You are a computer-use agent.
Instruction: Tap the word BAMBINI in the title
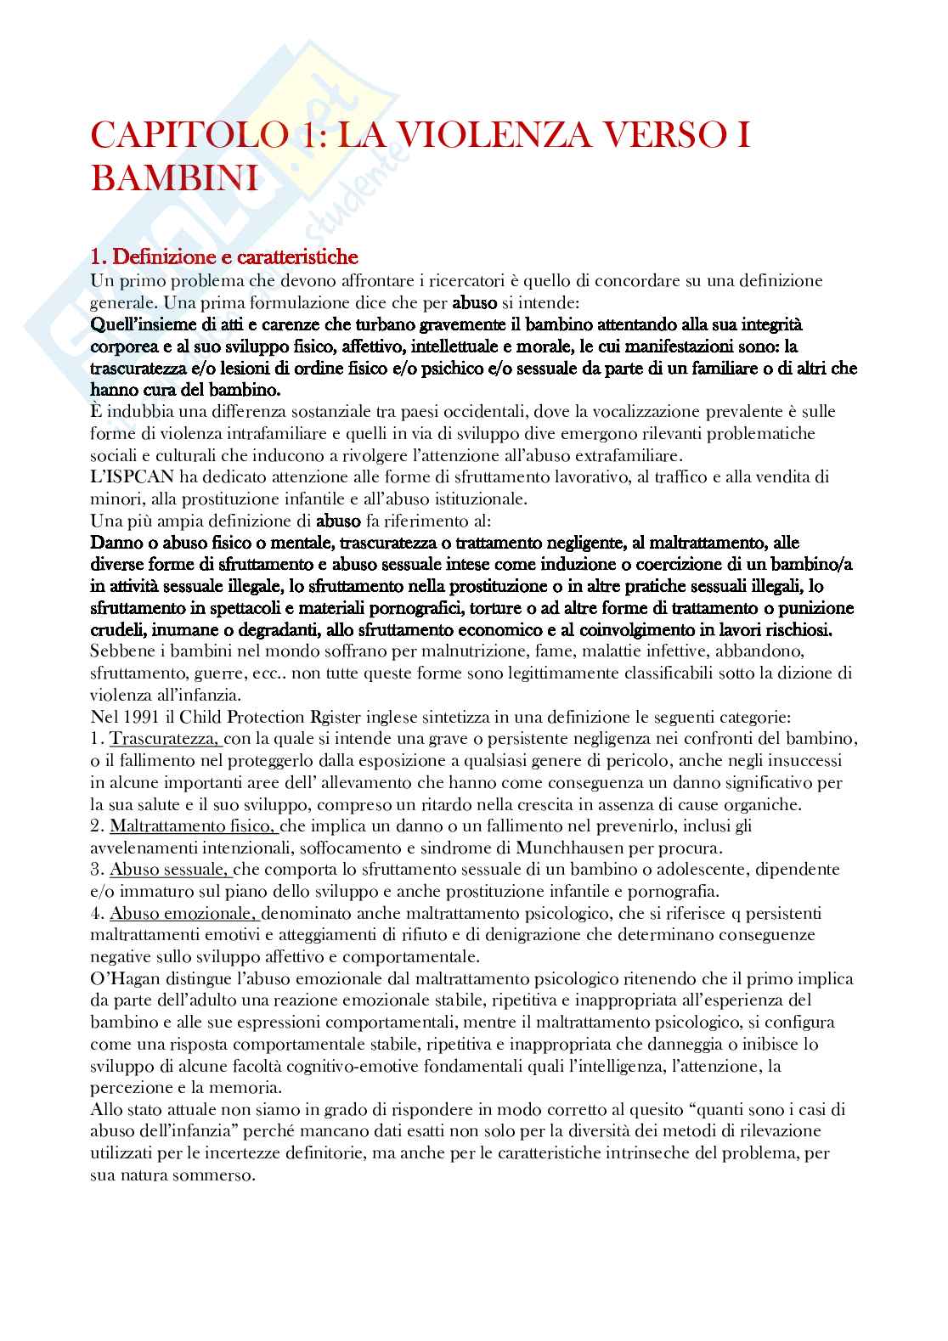click(174, 178)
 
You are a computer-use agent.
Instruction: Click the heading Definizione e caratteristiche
click(234, 256)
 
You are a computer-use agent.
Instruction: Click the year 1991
click(138, 716)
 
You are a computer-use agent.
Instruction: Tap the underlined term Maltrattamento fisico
click(193, 825)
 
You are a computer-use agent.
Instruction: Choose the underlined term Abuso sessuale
click(170, 870)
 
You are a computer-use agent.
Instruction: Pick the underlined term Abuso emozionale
click(183, 913)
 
